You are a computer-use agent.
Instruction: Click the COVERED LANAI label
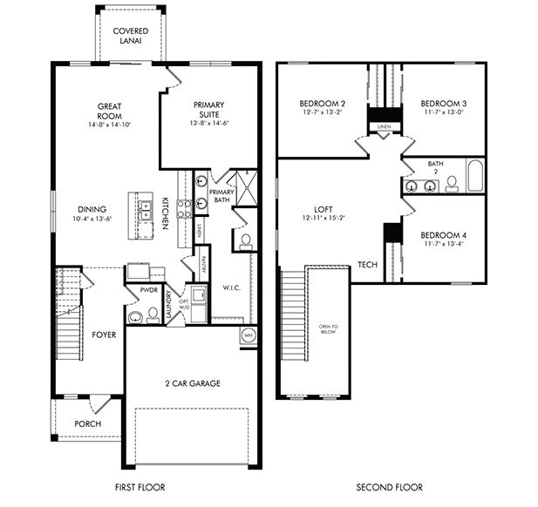[131, 36]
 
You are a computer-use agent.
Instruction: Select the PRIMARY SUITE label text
[209, 109]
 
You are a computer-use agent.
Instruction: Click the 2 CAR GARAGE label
[192, 383]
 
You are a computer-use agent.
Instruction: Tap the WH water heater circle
[248, 335]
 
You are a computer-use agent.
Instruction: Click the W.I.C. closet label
[231, 287]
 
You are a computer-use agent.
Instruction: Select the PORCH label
[87, 424]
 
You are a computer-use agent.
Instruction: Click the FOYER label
[105, 335]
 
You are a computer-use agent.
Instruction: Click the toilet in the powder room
[134, 315]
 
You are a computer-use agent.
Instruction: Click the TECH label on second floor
[367, 265]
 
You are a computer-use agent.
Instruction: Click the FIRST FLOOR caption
[140, 487]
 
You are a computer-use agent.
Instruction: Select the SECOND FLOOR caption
[389, 487]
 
